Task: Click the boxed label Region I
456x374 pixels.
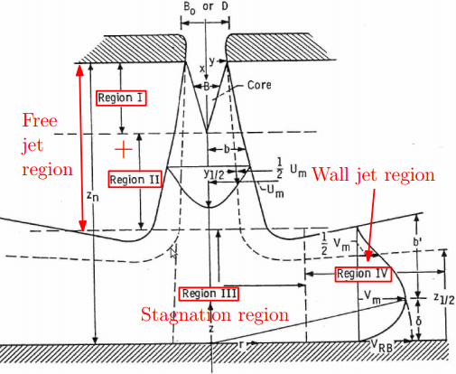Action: coord(121,98)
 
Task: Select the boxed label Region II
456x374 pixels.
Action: coord(135,180)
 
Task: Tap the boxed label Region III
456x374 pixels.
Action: coord(209,294)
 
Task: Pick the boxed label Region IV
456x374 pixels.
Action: coord(363,274)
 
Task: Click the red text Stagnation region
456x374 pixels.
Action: coord(215,315)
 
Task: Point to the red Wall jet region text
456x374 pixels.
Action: coord(373,174)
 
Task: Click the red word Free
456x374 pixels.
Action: coord(40,120)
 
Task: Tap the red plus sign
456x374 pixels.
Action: coord(124,149)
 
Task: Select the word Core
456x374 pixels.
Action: coord(259,85)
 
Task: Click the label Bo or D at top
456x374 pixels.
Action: coord(206,7)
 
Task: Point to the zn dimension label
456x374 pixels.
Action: coord(93,196)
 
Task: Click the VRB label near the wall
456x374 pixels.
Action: coord(381,346)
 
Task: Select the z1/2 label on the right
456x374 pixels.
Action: coord(444,298)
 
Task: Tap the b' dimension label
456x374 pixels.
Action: coord(417,242)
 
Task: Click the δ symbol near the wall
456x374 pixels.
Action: coord(418,322)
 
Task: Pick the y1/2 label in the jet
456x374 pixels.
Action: coord(214,173)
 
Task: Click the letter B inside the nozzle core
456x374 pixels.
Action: coord(207,87)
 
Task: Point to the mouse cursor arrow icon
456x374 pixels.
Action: coord(173,252)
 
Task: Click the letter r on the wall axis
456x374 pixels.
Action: coord(240,344)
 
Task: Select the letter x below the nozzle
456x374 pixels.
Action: coord(202,69)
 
